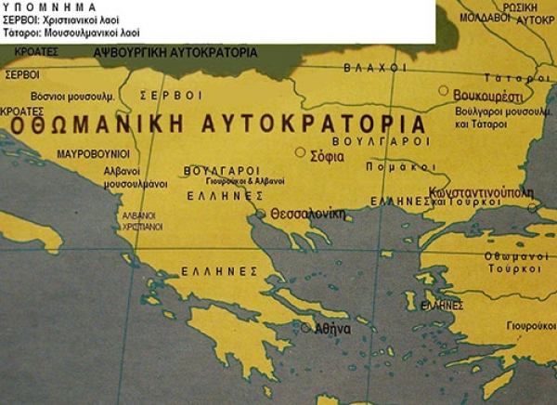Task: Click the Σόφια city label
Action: pos(329,157)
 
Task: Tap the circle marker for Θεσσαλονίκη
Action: pos(262,215)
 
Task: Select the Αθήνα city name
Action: pos(332,329)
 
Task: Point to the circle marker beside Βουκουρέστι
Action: pos(444,91)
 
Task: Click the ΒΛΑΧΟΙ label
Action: pos(374,69)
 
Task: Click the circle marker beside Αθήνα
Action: pos(305,327)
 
